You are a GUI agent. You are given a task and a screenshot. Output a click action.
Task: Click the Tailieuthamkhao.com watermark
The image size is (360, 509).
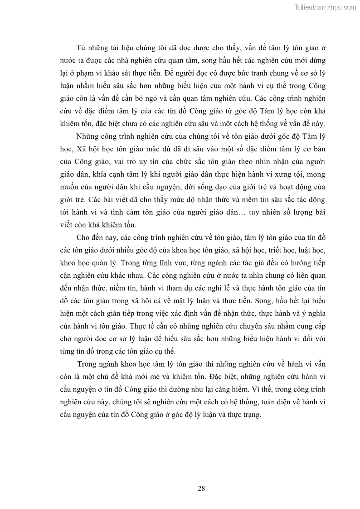coord(325,7)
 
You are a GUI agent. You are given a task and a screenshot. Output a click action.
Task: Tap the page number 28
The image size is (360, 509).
coord(202,488)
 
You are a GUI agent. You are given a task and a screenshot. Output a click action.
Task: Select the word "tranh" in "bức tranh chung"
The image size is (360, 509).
coord(257,73)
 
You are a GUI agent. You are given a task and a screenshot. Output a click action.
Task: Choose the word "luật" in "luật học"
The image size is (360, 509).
coord(297,249)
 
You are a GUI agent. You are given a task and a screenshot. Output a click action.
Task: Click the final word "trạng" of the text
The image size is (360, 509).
coord(251,414)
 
